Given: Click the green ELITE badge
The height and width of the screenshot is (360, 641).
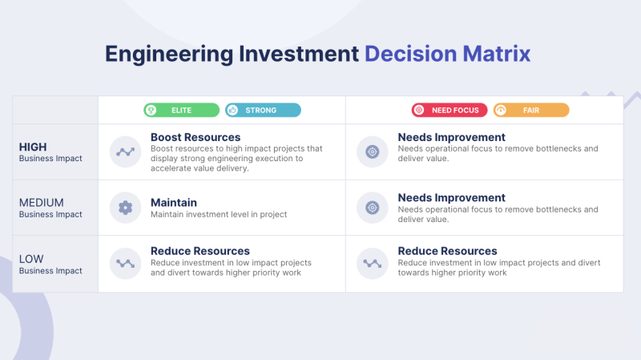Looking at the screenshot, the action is point(182,110).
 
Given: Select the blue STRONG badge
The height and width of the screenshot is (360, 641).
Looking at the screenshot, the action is point(263,110).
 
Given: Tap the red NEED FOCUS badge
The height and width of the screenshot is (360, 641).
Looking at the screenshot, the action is point(450,110).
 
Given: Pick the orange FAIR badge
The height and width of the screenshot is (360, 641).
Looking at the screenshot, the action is point(531,110).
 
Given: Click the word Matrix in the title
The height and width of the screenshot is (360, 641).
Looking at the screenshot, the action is point(497,54).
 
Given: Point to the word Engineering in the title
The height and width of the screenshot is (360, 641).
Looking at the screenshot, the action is point(169,55).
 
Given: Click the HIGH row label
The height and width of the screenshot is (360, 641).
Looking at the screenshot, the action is point(33,147).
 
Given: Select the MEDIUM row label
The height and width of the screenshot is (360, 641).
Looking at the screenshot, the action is point(42,203).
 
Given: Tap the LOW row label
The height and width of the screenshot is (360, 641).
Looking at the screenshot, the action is point(31,259).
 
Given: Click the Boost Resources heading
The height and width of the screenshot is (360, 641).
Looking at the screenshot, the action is point(196,137).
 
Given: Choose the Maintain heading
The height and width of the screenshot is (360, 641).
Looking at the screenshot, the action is point(174,203).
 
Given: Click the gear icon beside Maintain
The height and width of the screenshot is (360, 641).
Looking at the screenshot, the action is point(126,208).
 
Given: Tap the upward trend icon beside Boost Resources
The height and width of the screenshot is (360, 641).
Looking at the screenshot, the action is point(126,152).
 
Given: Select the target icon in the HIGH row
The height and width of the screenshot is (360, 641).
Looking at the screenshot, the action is point(373,152).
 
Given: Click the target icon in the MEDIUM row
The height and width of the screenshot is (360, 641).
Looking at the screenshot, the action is point(373,208).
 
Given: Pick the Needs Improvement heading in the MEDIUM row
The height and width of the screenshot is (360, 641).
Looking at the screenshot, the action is point(452,198).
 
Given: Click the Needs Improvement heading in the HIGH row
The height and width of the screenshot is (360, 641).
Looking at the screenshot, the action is point(452,137).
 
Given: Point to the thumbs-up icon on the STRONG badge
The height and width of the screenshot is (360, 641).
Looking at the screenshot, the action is point(232,110).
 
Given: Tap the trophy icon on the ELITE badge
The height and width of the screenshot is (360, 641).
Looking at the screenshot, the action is point(151,110).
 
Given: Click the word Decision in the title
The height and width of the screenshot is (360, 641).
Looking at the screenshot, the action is point(410,54).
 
